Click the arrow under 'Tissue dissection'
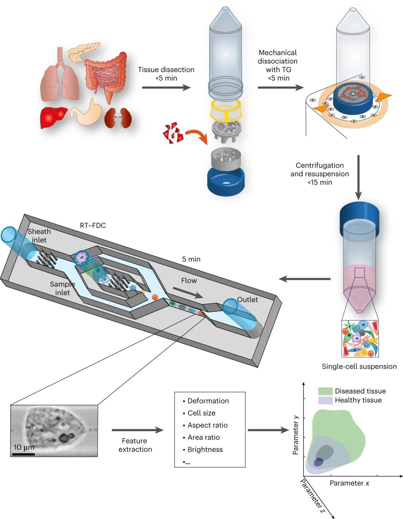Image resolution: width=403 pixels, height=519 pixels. tap(166, 88)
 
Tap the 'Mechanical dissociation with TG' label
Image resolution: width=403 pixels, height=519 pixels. tap(277, 65)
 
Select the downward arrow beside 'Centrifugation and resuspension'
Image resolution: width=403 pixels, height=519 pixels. tap(358, 177)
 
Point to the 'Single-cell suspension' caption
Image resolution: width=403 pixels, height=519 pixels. tap(359, 366)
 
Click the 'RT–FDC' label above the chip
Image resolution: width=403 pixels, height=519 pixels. tap(93, 225)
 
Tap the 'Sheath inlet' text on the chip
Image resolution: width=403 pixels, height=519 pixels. tap(39, 236)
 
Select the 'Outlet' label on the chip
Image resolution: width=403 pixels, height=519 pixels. tap(247, 299)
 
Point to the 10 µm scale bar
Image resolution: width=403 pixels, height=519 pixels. tap(23, 454)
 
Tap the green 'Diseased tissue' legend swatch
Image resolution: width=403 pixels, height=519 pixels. tap(325, 391)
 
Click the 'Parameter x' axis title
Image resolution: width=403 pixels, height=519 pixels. tap(349, 483)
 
